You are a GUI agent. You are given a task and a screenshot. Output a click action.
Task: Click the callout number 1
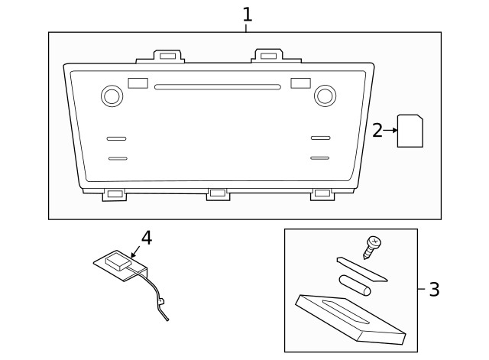pos(247,14)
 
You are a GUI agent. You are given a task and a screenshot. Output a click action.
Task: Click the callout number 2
pos(377,131)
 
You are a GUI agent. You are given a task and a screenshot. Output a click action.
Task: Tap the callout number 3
pos(434,290)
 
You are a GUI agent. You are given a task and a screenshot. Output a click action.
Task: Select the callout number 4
pos(146,238)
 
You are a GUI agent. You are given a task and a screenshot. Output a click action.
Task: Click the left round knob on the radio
pos(112,96)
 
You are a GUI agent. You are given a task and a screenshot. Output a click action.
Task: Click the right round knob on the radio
pos(325,96)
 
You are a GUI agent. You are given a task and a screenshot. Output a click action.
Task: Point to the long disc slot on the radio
pos(217,86)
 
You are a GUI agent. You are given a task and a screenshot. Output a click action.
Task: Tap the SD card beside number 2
pos(411,131)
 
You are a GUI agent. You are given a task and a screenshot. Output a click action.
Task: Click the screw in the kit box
pos(373,245)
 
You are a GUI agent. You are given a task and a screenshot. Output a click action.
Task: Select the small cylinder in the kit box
pos(355,284)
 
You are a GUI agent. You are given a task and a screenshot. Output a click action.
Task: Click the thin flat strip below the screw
pos(362,270)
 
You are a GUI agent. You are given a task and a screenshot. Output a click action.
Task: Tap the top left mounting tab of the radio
pos(170,56)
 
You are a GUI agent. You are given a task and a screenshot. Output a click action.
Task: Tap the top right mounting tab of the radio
pos(267,55)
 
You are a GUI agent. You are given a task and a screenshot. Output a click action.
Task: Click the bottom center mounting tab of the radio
pos(218,193)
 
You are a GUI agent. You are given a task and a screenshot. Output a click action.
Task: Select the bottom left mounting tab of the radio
pos(115,194)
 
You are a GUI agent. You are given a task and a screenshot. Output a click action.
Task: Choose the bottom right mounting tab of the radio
pos(322,194)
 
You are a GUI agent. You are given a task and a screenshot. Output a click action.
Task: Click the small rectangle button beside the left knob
pos(138,83)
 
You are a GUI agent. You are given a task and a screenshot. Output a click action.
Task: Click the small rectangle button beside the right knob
pos(300,83)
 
